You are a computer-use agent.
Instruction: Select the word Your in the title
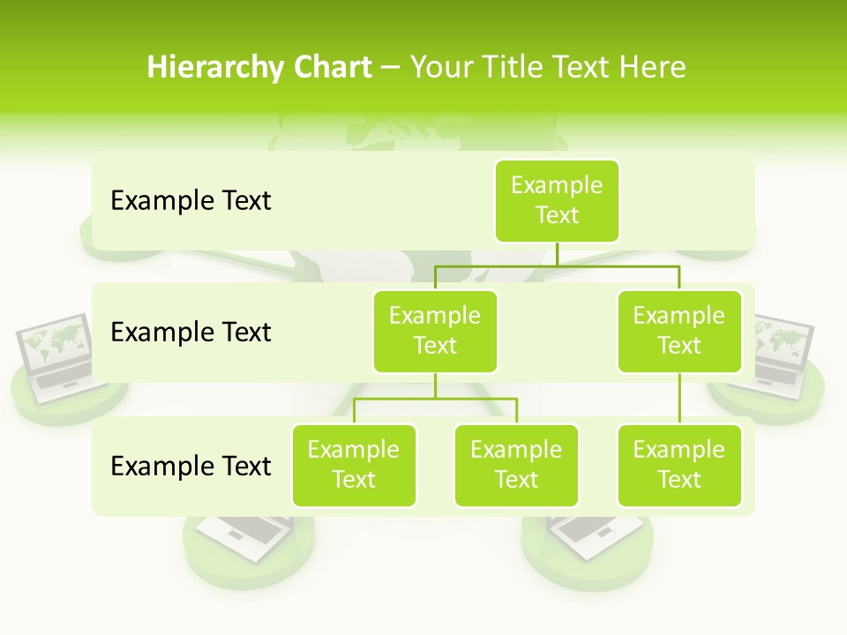click(x=442, y=68)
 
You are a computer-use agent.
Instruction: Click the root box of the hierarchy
click(x=557, y=201)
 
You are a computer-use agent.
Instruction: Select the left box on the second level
click(x=435, y=332)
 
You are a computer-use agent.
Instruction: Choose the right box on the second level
click(x=679, y=332)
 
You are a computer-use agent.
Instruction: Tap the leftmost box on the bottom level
click(x=354, y=466)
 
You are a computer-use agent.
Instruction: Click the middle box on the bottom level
click(x=516, y=466)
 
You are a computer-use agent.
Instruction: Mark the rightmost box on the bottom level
click(x=679, y=466)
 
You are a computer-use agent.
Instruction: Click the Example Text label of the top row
click(x=191, y=201)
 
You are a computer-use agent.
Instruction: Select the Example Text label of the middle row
click(x=191, y=332)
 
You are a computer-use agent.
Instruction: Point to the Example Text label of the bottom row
click(x=191, y=466)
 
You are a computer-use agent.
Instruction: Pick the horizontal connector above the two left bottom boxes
click(x=435, y=399)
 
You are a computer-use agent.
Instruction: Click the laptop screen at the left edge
click(x=55, y=346)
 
